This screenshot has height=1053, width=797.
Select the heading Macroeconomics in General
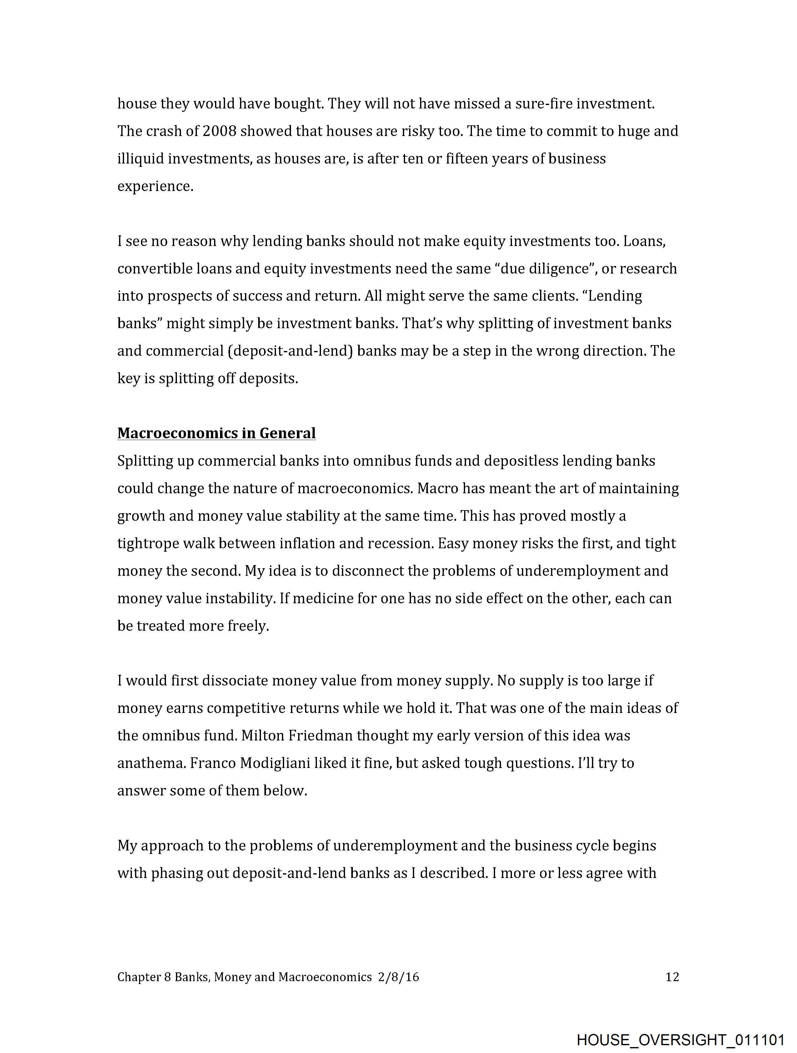pyautogui.click(x=216, y=433)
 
